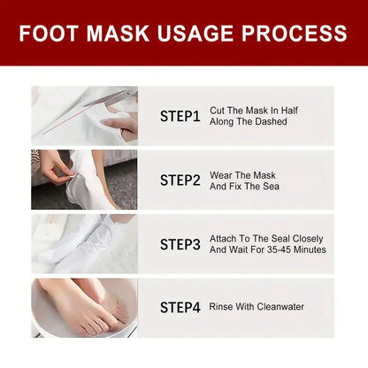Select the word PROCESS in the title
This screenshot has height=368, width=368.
coord(303,34)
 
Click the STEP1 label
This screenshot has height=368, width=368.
coord(180,116)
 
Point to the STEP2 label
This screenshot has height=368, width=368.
coord(180,180)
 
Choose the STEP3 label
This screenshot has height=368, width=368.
coord(180,244)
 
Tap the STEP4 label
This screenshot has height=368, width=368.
coord(180,307)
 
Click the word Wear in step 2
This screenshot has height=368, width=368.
coord(220,174)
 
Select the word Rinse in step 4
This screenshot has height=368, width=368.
coord(222,307)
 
